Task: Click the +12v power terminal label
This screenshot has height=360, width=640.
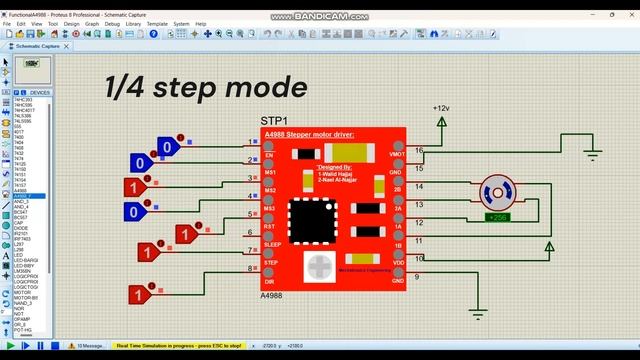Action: (441, 107)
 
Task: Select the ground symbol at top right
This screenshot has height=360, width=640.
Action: (592, 152)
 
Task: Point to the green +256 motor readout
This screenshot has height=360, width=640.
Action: (496, 216)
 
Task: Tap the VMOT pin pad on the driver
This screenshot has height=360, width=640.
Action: (398, 146)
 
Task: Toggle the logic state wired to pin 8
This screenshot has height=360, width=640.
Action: (140, 294)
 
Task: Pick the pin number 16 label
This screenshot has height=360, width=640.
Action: (419, 151)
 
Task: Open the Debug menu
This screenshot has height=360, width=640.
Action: (110, 23)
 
